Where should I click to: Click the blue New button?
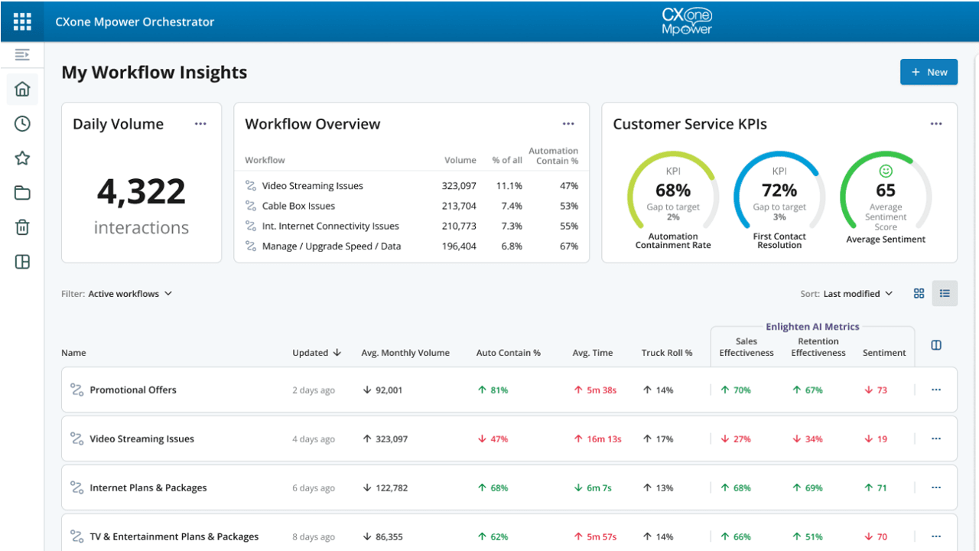[929, 72]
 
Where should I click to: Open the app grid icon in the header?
[22, 21]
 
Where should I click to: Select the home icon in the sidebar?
[22, 89]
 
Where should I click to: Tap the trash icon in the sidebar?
[22, 227]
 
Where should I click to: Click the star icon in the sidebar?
[22, 158]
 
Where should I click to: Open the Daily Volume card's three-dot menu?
[200, 124]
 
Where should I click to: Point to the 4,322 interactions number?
[141, 191]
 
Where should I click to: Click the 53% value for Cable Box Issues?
[568, 206]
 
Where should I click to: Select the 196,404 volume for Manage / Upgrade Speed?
[458, 246]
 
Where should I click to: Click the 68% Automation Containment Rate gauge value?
[672, 190]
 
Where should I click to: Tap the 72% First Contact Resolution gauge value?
[779, 190]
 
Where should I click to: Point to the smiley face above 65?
[886, 171]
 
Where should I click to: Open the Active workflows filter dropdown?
[130, 294]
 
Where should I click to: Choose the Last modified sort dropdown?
[857, 294]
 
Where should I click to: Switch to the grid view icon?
[919, 294]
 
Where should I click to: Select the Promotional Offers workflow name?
[133, 390]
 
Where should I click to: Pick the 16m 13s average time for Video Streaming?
[603, 439]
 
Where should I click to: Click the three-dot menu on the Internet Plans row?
[935, 487]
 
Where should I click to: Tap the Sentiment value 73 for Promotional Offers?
[881, 390]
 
